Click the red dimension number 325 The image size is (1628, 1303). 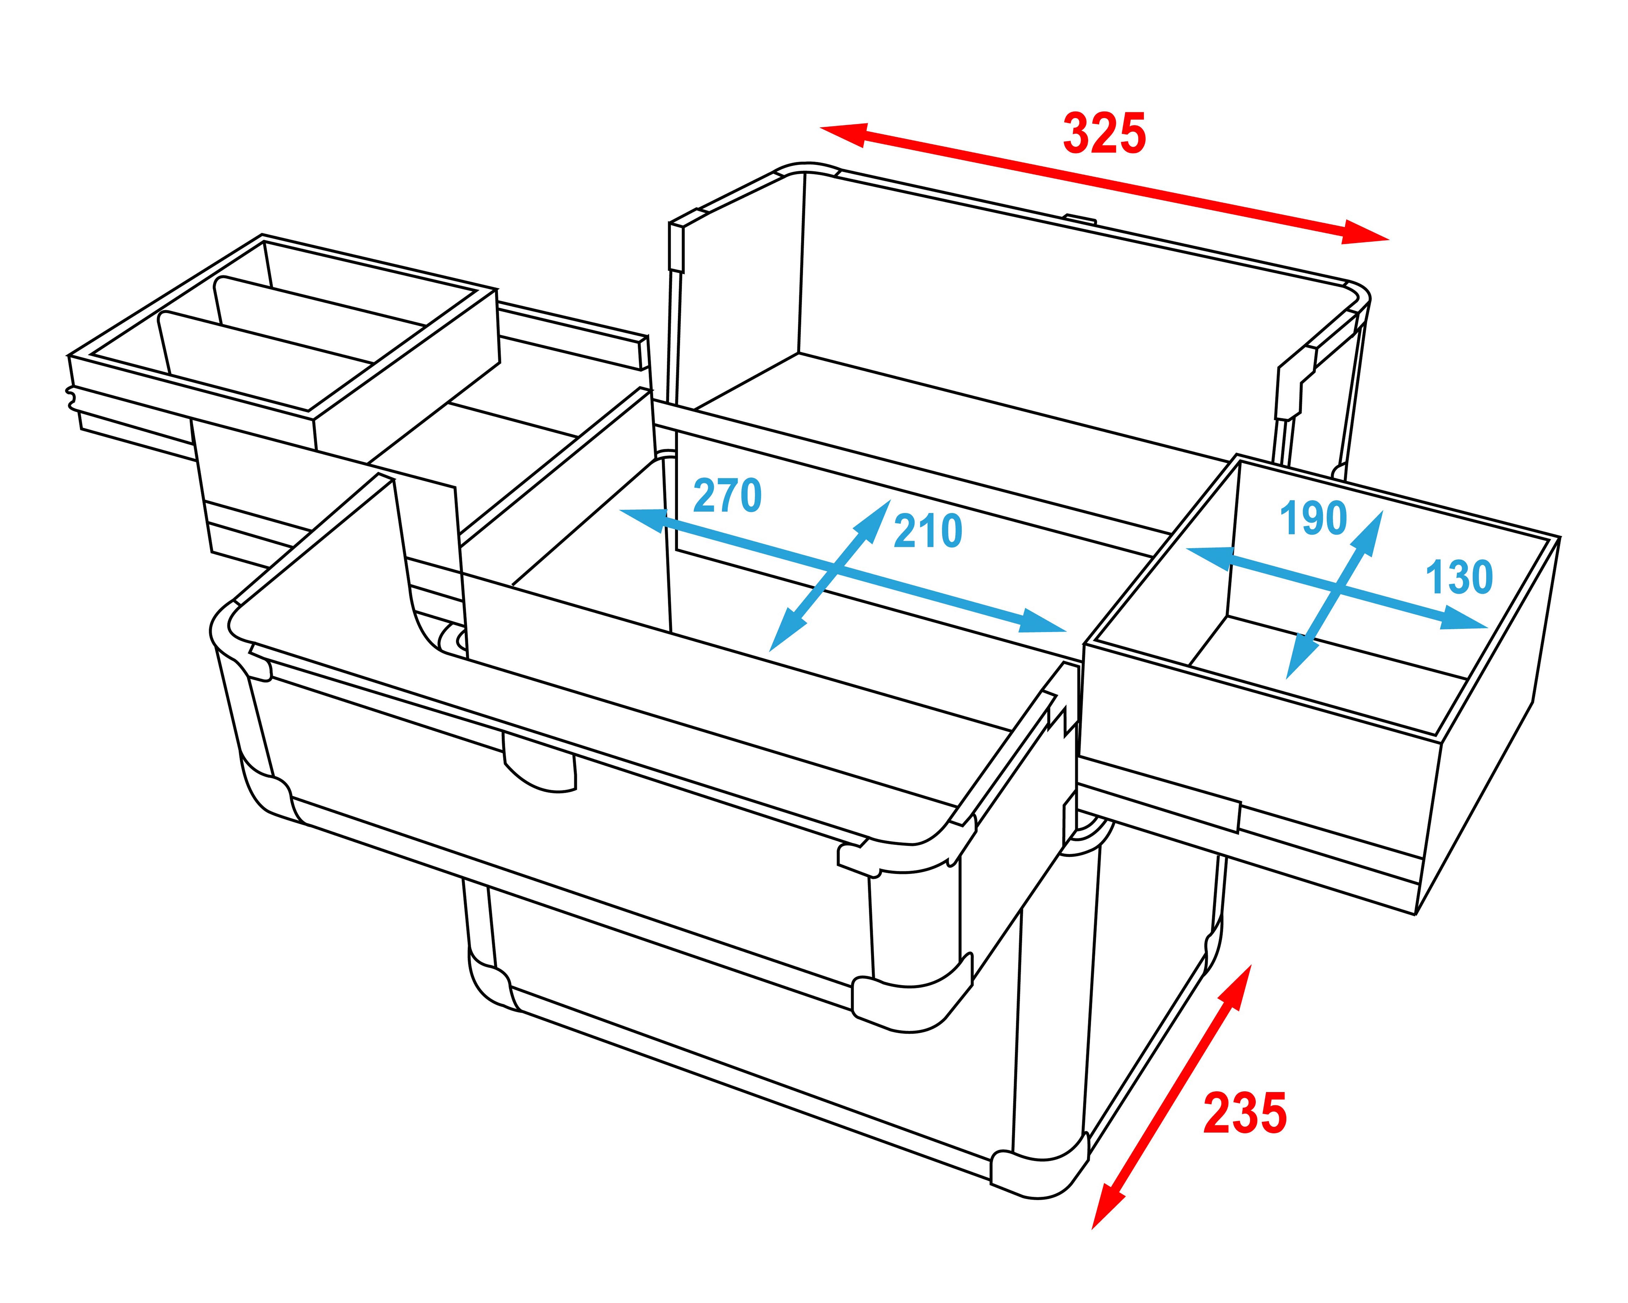[x=1104, y=134]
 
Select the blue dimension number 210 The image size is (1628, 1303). [x=928, y=531]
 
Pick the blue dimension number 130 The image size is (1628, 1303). [x=1459, y=578]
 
